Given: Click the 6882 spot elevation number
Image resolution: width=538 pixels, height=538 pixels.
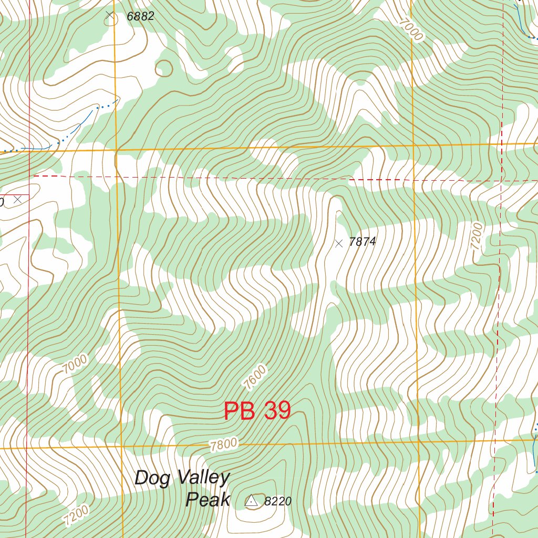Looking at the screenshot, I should [x=140, y=16].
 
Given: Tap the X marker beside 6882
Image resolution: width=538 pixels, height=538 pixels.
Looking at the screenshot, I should [x=110, y=15].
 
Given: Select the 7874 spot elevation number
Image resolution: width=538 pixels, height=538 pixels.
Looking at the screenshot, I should [x=363, y=242].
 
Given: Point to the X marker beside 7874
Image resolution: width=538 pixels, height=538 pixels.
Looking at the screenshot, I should [x=339, y=243].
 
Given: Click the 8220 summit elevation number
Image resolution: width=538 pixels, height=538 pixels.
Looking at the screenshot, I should [x=277, y=502].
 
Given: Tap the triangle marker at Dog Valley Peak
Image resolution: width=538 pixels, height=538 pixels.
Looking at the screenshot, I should [x=252, y=501].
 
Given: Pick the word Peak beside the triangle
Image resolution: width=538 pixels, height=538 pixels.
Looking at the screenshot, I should [x=208, y=500].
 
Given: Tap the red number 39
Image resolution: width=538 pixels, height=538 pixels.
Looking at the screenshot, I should [x=277, y=411].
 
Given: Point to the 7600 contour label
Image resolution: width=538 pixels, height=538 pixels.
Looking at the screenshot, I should [x=255, y=377].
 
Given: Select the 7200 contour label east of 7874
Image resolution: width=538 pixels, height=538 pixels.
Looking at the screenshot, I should [x=477, y=235].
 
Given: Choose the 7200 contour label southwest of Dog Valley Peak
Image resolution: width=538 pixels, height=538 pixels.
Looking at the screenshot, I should [x=76, y=515].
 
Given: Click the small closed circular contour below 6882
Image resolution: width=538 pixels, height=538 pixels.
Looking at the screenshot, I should [x=164, y=68].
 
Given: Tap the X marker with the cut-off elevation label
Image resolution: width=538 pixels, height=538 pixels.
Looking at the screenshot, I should [x=17, y=200].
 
